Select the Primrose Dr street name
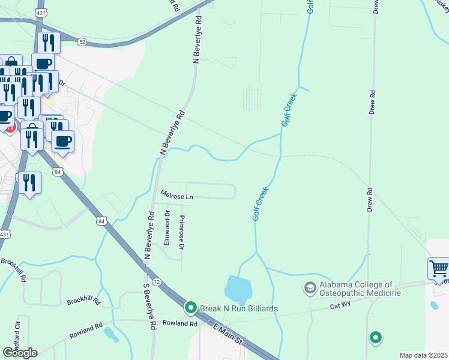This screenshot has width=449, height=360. click(182, 229)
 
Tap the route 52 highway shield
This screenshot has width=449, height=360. click(82, 41)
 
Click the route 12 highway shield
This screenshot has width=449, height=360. click(156, 281)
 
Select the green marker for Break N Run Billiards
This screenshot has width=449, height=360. click(191, 308)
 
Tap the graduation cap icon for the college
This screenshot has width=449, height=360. click(310, 289)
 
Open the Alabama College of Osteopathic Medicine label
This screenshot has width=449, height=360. click(360, 289)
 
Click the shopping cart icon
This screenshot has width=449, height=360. click(438, 268)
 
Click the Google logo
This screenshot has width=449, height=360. click(20, 353)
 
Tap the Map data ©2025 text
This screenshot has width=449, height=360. click(423, 355)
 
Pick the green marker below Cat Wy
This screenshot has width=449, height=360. click(376, 338)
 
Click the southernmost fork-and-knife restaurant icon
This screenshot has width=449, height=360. click(29, 182)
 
